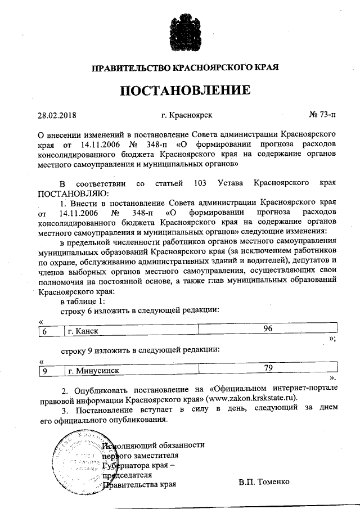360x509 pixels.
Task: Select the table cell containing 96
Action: [x=267, y=330]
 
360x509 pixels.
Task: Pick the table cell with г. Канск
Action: [x=130, y=331]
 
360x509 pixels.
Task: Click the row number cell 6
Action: [x=49, y=331]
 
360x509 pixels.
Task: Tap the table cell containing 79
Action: [x=268, y=369]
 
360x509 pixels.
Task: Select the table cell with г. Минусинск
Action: [x=130, y=371]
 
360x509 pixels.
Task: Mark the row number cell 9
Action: [x=49, y=371]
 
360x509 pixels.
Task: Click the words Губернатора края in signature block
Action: [x=139, y=465]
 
